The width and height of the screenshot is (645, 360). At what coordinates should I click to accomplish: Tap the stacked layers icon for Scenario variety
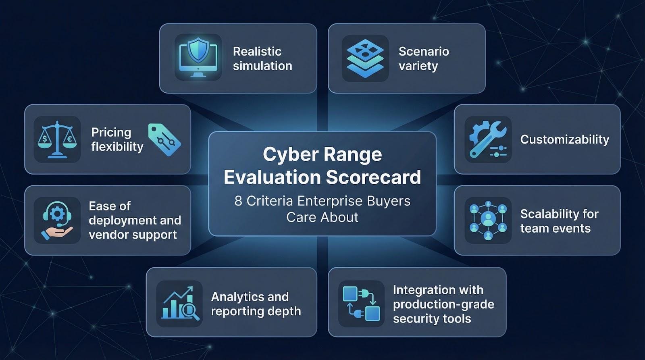(365, 58)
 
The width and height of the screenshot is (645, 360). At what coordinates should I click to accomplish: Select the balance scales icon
(57, 139)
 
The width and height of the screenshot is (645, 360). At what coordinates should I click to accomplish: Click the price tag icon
(164, 140)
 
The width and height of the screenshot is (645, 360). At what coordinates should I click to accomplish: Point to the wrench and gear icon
(488, 139)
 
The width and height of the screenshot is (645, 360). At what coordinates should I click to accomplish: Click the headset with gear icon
(57, 221)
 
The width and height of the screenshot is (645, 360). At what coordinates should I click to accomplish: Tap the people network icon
(488, 221)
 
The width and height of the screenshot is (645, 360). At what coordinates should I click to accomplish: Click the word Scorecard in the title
(373, 177)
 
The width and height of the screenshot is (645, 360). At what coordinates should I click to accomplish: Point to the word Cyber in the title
(290, 155)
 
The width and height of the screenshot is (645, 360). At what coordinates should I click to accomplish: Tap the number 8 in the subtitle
(238, 201)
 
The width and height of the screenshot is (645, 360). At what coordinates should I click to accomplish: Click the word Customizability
(565, 139)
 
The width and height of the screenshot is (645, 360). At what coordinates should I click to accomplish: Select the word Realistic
(257, 52)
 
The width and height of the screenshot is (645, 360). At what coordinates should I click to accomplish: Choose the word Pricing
(111, 133)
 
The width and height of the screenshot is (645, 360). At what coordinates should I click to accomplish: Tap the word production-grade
(443, 304)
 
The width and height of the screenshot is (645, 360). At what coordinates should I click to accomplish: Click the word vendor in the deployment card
(107, 235)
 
